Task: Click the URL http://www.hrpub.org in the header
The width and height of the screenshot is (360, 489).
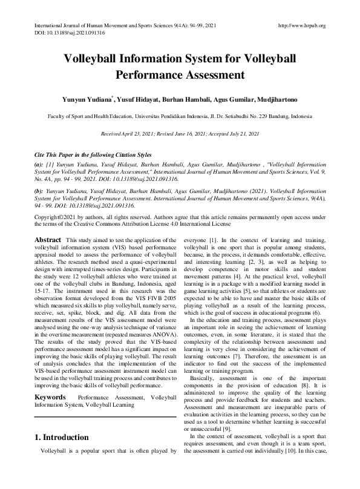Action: (301, 25)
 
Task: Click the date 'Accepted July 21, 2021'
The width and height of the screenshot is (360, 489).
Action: (232, 133)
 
